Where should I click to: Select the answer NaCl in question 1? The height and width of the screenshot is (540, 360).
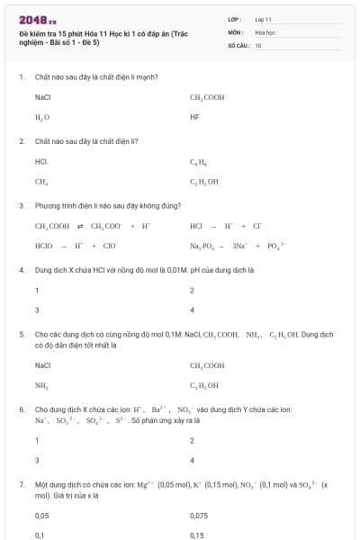pyautogui.click(x=42, y=96)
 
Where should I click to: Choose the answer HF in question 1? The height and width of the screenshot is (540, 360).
pyautogui.click(x=194, y=117)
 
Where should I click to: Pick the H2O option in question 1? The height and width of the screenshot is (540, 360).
pyautogui.click(x=41, y=117)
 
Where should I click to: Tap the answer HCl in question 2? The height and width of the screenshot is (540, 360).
pyautogui.click(x=41, y=161)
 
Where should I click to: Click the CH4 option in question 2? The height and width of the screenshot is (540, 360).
pyautogui.click(x=40, y=182)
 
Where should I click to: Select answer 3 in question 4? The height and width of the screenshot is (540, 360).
pyautogui.click(x=37, y=310)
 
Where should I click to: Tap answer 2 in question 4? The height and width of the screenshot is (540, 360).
pyautogui.click(x=192, y=290)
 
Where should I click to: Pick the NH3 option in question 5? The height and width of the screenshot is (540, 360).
pyautogui.click(x=41, y=385)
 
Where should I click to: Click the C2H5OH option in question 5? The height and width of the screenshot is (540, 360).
pyautogui.click(x=204, y=385)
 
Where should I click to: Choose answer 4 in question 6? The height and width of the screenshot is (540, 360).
pyautogui.click(x=193, y=460)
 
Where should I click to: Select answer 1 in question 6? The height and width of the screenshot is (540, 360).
pyautogui.click(x=37, y=440)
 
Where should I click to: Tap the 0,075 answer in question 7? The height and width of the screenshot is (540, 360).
pyautogui.click(x=199, y=516)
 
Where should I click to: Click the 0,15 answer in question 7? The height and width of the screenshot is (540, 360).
pyautogui.click(x=197, y=535)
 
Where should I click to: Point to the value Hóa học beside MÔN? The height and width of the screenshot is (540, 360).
pyautogui.click(x=264, y=31)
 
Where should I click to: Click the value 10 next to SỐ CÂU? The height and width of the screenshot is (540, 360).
pyautogui.click(x=258, y=44)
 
